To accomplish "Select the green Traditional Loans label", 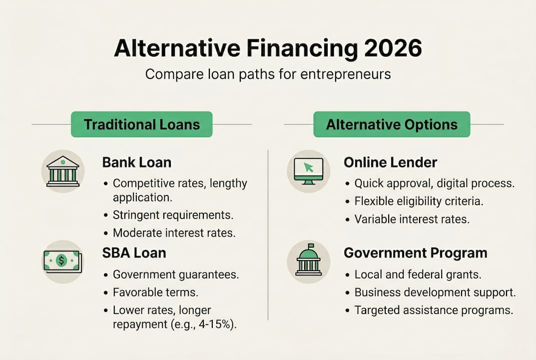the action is click(x=141, y=124).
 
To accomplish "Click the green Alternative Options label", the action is click(x=392, y=124).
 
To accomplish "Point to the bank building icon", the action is click(x=63, y=171).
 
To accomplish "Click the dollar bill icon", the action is click(x=62, y=261).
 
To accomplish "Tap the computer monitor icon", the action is click(x=309, y=171).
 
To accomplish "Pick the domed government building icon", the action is click(x=309, y=259).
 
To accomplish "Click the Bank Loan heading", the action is click(x=137, y=162).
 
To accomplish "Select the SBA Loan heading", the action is click(x=134, y=253).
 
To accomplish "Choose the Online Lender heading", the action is click(x=390, y=162).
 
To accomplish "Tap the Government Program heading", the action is click(x=416, y=253).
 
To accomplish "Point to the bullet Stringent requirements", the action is click(x=173, y=215).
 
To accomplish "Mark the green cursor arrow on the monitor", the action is click(x=309, y=167).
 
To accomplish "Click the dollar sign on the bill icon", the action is click(x=61, y=261).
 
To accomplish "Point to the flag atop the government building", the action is click(x=311, y=245).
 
